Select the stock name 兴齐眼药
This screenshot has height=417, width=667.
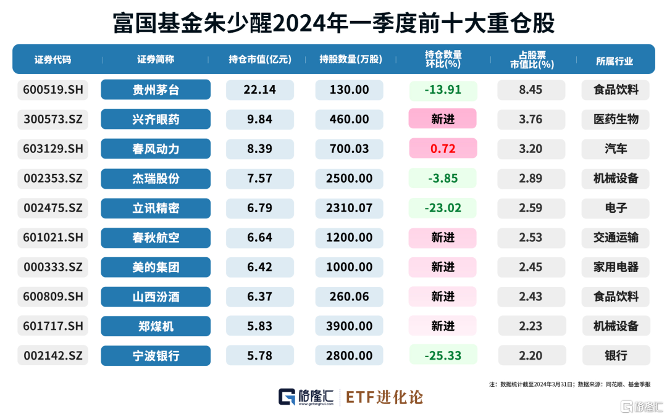[x=156, y=120]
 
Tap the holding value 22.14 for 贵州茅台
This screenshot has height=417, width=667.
[x=259, y=90]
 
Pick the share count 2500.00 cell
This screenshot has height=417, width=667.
[x=350, y=179]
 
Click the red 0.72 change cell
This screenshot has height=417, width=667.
[x=442, y=149]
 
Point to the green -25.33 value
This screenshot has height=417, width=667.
[x=442, y=356]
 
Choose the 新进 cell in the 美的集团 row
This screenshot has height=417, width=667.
[x=442, y=267]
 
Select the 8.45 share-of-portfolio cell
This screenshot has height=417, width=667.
[x=531, y=90]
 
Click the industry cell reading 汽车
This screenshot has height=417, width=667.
[x=615, y=149]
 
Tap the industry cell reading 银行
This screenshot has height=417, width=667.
[x=615, y=356]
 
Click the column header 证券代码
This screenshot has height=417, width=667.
[x=53, y=60]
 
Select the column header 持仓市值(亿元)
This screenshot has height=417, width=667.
[x=259, y=60]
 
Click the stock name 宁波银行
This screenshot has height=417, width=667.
[x=156, y=356]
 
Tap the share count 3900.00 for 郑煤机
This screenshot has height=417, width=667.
[x=350, y=326]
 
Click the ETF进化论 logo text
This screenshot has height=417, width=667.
[x=384, y=397]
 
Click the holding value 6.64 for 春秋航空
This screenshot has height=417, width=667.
[x=259, y=238]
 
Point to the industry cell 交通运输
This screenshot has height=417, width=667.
[x=615, y=238]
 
